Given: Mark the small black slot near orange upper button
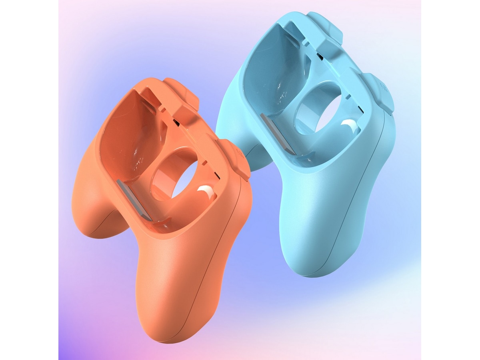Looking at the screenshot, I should click(176, 120).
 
